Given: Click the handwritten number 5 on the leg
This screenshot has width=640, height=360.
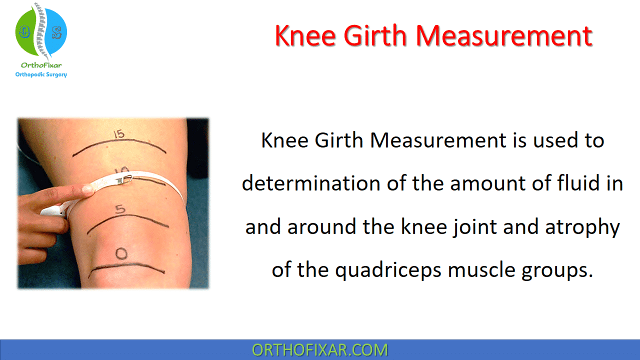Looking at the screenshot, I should (x=120, y=209).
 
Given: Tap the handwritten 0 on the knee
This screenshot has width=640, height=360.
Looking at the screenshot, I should (x=121, y=254).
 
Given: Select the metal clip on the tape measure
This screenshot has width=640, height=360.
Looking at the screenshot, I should (x=123, y=177).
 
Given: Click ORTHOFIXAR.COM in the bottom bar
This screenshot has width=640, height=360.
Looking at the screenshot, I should (x=320, y=350).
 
